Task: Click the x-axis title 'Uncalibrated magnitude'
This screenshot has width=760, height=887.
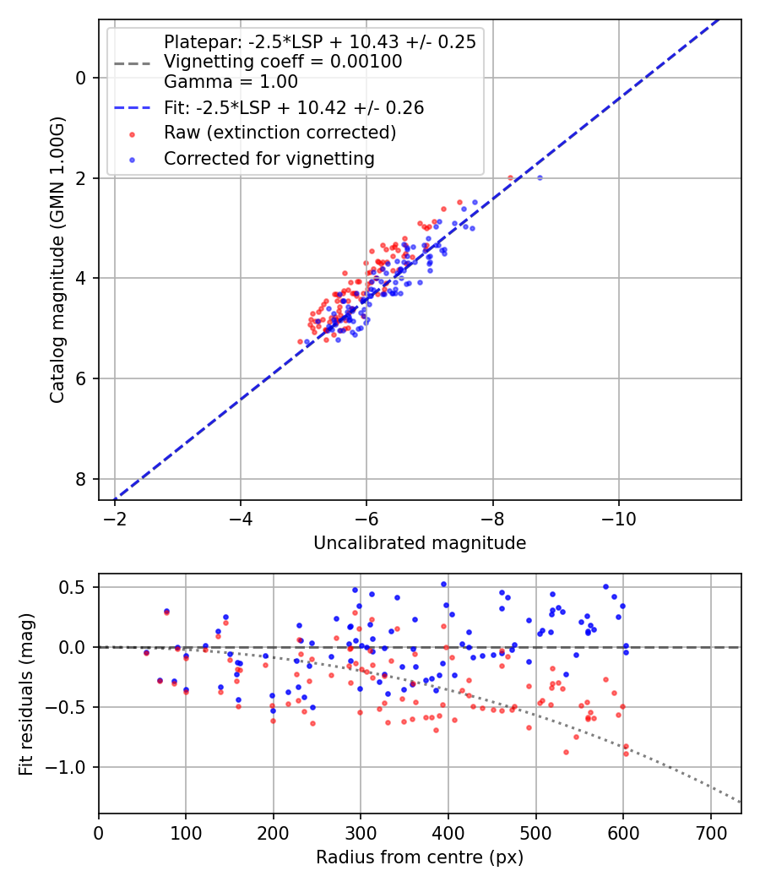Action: point(420,543)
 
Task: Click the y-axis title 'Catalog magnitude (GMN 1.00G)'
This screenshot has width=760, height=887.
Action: point(57,259)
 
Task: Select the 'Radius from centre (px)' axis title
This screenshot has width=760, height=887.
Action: point(420,857)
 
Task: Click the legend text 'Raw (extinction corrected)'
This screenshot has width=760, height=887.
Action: point(280,133)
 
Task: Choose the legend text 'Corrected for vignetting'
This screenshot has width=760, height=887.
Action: point(269,158)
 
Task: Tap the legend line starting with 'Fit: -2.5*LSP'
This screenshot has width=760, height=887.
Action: point(294,108)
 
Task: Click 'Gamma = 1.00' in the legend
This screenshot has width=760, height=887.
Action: point(231,82)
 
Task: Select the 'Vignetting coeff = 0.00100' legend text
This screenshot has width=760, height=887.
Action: point(283,62)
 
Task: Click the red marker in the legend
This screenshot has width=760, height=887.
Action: point(131,133)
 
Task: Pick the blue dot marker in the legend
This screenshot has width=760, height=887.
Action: point(131,159)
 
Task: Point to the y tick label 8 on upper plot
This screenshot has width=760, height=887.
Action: point(81,479)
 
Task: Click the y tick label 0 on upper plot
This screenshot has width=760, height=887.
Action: point(81,78)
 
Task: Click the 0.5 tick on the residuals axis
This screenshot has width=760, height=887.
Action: point(79,587)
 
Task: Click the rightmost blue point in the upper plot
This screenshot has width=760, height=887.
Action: point(540,177)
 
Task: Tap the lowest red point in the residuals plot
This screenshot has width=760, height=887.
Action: point(626,753)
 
